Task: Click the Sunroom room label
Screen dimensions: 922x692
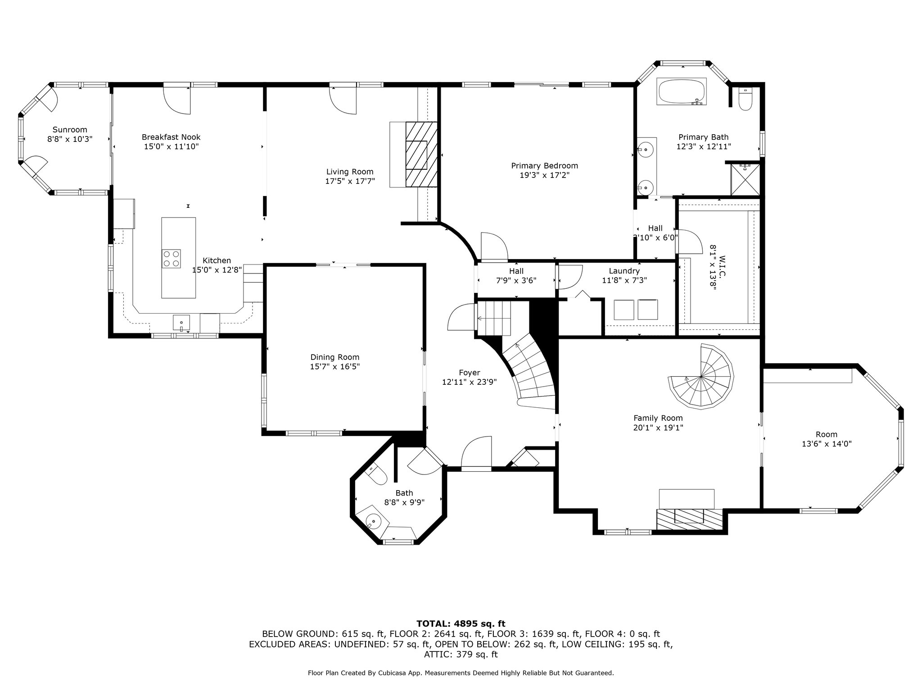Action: tap(70, 130)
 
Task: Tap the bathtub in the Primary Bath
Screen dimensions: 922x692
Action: tap(682, 92)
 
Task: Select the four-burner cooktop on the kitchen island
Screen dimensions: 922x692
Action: tap(171, 259)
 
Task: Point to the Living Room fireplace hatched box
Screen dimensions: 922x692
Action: tap(421, 154)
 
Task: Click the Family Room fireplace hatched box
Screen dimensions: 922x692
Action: tap(690, 519)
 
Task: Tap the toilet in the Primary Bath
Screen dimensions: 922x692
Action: tap(746, 99)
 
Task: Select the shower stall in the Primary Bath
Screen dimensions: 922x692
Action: tap(745, 179)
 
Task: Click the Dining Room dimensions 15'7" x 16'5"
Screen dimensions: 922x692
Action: tap(334, 367)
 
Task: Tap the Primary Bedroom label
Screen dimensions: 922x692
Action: tap(544, 166)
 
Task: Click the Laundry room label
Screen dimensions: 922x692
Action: tap(624, 271)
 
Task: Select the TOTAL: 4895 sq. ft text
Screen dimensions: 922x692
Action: tap(461, 624)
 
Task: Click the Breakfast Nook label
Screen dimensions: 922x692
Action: tap(171, 137)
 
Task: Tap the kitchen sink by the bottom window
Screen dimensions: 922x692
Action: tap(181, 323)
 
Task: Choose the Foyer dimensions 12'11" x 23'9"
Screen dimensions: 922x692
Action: tap(469, 382)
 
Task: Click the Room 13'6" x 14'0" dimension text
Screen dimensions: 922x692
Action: tap(827, 444)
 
